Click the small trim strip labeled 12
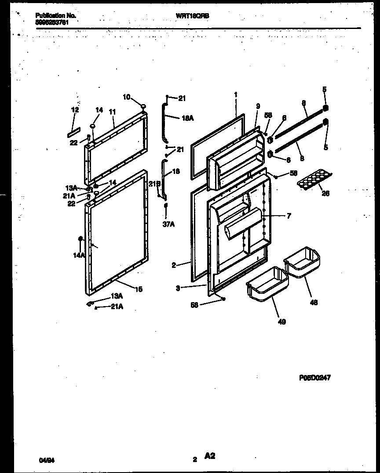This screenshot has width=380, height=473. (x=75, y=131)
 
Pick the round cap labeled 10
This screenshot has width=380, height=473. (x=143, y=105)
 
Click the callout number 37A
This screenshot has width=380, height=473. (x=165, y=225)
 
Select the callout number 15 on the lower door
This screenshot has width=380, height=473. (x=139, y=289)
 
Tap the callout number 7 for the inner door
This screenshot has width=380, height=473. (x=289, y=216)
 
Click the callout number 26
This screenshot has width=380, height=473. (x=326, y=193)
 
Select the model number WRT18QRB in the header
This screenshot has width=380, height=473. (x=192, y=15)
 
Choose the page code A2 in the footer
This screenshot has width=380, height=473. (x=209, y=457)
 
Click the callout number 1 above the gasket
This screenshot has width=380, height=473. (x=236, y=94)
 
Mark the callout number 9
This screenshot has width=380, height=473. (x=258, y=106)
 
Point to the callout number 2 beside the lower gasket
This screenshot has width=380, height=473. (x=174, y=265)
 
